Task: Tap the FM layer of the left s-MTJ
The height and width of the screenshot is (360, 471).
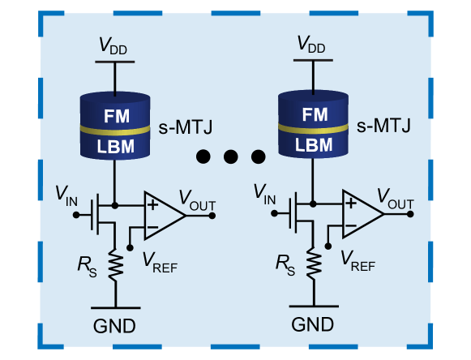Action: tap(114, 113)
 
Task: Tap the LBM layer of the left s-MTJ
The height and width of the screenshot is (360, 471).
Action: tap(114, 147)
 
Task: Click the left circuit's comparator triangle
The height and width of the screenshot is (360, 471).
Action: tap(161, 216)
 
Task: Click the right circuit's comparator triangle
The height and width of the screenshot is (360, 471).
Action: tap(359, 216)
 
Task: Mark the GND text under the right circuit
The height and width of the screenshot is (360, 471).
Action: tap(312, 325)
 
